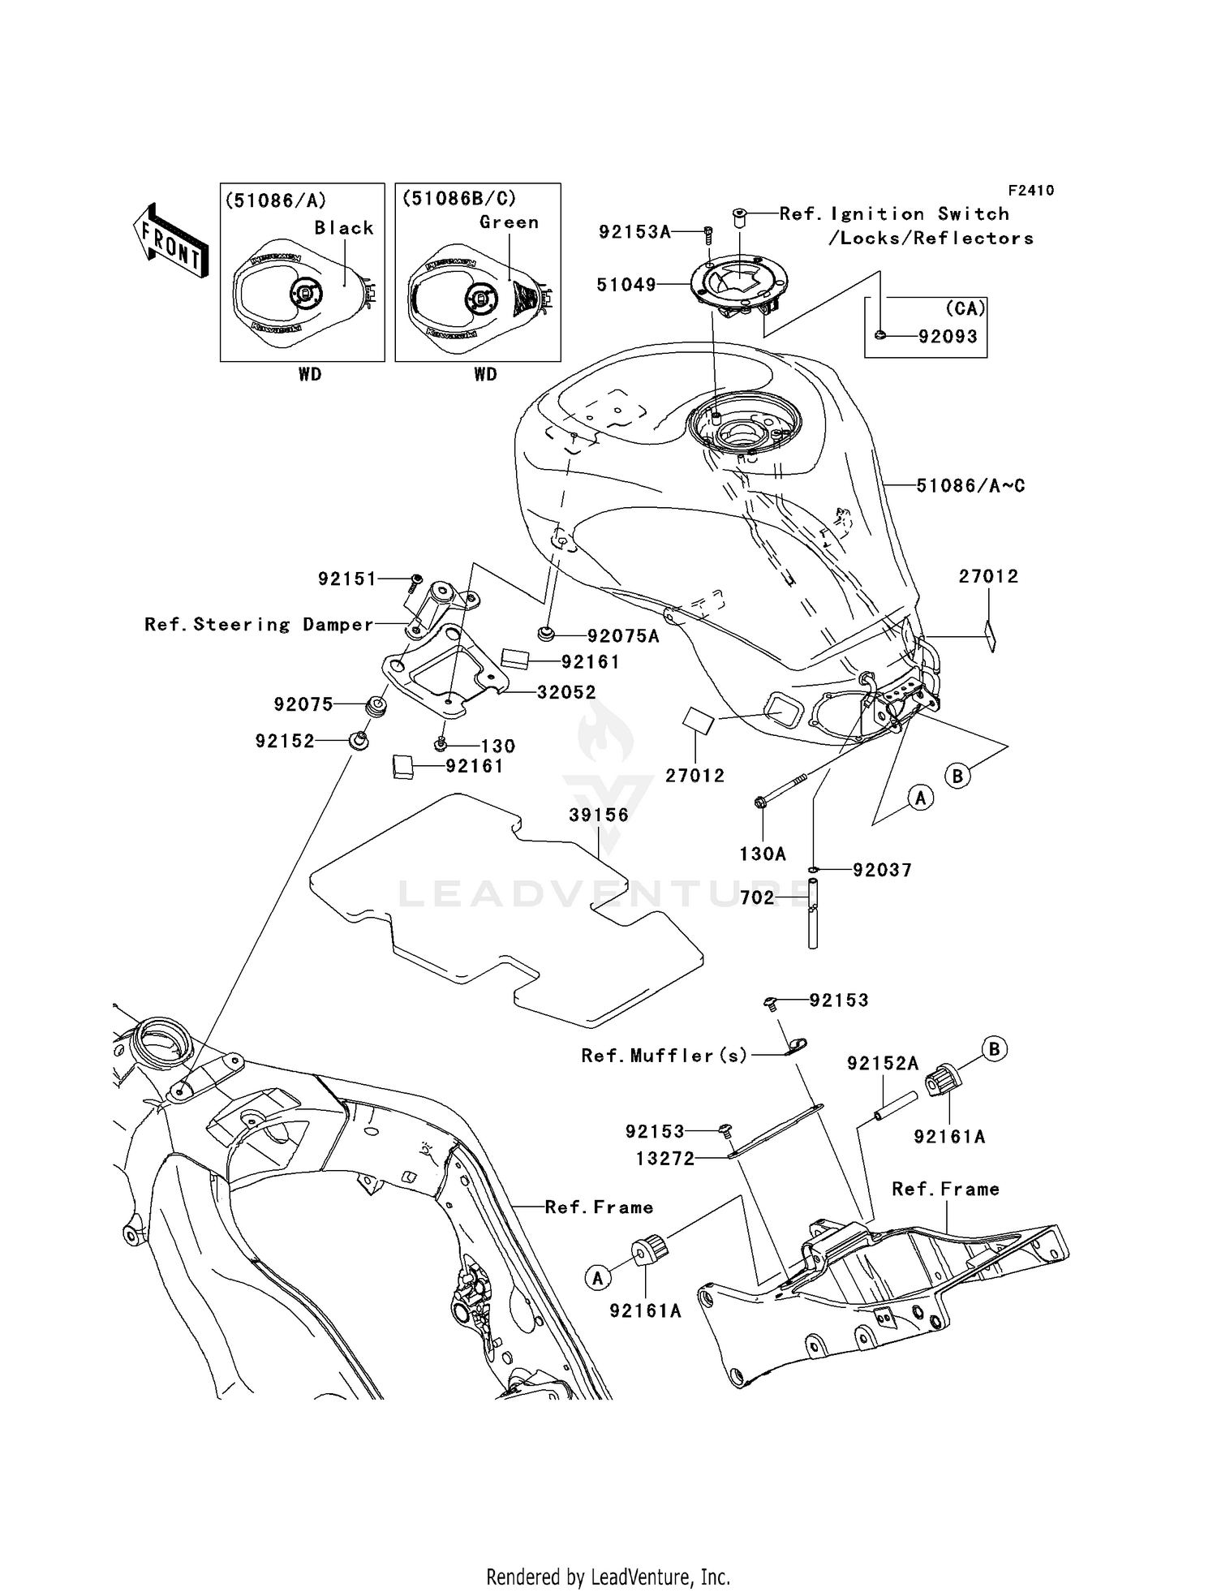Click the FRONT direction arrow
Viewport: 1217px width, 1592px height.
pyautogui.click(x=171, y=241)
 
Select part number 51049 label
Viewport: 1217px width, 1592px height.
pyautogui.click(x=626, y=285)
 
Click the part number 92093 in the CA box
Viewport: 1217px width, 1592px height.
pyautogui.click(x=948, y=336)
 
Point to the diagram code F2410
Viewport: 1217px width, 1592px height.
pyautogui.click(x=1030, y=190)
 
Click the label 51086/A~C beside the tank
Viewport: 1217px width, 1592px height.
pyautogui.click(x=970, y=485)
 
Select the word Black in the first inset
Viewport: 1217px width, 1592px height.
pyautogui.click(x=344, y=228)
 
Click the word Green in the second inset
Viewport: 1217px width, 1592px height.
pyautogui.click(x=509, y=222)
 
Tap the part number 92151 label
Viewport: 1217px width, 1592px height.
pyautogui.click(x=347, y=579)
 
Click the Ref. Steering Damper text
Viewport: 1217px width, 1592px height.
pyautogui.click(x=259, y=624)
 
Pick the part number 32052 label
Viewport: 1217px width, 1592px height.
pyautogui.click(x=566, y=692)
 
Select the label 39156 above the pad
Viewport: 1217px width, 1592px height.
pyautogui.click(x=599, y=815)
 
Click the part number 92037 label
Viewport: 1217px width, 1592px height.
pyautogui.click(x=882, y=870)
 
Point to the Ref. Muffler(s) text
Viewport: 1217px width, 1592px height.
pyautogui.click(x=664, y=1055)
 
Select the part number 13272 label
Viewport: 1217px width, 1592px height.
pyautogui.click(x=665, y=1159)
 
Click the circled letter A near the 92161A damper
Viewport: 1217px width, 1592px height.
pyautogui.click(x=598, y=1278)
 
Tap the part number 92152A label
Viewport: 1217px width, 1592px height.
pyautogui.click(x=883, y=1063)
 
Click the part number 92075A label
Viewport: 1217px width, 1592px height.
pyautogui.click(x=623, y=636)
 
